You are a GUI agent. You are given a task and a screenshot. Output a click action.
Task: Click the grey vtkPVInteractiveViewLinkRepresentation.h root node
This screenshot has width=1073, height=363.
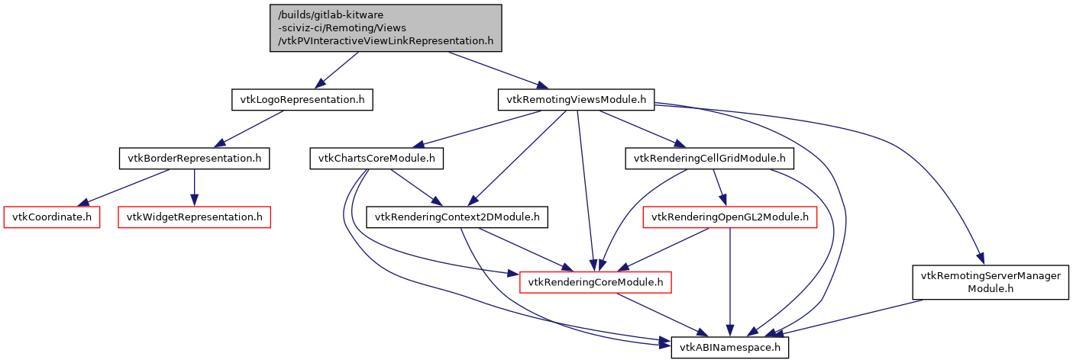coord(386,28)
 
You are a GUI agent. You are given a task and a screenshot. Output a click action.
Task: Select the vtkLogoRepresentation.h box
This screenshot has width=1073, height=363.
coord(302,100)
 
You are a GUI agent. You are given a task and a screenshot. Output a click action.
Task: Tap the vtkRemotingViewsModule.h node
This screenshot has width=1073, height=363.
coord(577,100)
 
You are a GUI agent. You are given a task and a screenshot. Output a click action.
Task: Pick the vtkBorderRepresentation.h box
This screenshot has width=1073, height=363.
coord(194,159)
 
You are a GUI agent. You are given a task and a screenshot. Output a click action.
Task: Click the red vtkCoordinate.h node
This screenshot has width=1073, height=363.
coord(53,217)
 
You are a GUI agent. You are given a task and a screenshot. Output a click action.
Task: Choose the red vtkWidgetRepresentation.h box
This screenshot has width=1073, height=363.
coord(194,217)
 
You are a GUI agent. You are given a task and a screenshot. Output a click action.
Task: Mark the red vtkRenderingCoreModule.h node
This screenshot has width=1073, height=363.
coord(596,283)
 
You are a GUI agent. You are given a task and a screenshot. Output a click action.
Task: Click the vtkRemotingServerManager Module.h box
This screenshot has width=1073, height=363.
coord(991,282)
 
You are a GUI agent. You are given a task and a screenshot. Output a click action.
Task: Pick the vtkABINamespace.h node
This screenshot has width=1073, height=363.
coord(729,349)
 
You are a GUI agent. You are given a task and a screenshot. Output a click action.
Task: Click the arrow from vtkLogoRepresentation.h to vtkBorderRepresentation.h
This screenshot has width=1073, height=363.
coord(248,129)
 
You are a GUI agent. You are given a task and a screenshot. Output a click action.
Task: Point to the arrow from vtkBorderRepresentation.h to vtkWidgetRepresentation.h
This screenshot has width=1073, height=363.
coord(194,188)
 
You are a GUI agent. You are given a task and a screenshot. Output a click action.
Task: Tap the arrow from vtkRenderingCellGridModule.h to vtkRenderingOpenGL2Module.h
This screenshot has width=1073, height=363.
coord(719,188)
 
